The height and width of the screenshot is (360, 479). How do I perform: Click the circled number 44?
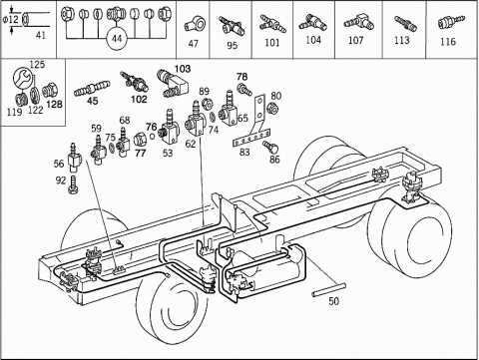[117, 39]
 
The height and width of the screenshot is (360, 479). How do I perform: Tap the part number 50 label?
[333, 301]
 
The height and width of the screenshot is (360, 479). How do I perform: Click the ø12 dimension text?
[11, 19]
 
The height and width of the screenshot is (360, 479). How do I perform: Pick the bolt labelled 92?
[73, 184]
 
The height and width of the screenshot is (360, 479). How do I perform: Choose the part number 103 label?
[183, 69]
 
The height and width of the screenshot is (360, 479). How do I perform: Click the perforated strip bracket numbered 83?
[251, 138]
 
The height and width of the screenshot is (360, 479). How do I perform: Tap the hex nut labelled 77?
[140, 140]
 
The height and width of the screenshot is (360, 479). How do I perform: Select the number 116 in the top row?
[448, 42]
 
